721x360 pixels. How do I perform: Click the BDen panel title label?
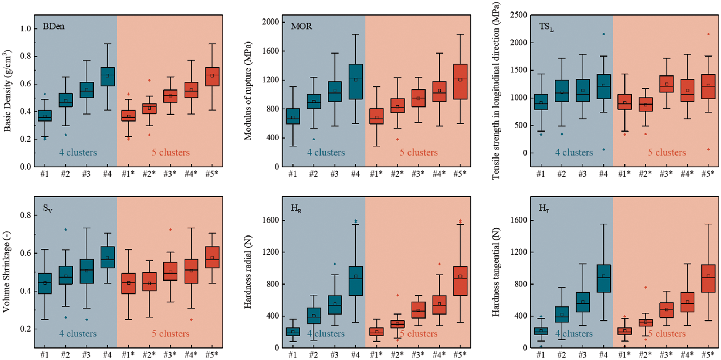pyautogui.click(x=54, y=26)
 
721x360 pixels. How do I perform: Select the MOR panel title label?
pyautogui.click(x=301, y=26)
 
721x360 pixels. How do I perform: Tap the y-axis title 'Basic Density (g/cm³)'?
pyautogui.click(x=8, y=91)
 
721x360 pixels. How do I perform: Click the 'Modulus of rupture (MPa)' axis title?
pyautogui.click(x=248, y=91)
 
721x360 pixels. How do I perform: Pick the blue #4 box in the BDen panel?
pyautogui.click(x=107, y=77)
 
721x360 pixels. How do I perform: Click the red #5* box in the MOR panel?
pyautogui.click(x=460, y=81)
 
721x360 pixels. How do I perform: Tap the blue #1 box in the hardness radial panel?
pyautogui.click(x=293, y=332)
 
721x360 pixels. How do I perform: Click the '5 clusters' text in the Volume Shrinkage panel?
pyautogui.click(x=170, y=334)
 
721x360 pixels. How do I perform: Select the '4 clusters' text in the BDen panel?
pyautogui.click(x=78, y=152)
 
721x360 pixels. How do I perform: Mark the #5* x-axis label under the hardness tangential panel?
pyautogui.click(x=708, y=355)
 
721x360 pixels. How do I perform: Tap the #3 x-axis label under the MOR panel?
pyautogui.click(x=334, y=174)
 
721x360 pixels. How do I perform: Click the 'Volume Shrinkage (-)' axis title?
pyautogui.click(x=6, y=272)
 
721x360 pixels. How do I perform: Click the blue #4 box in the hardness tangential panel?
pyautogui.click(x=603, y=278)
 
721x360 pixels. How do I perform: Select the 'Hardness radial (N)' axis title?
pyautogui.click(x=248, y=272)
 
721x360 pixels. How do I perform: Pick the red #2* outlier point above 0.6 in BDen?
pyautogui.click(x=149, y=80)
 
